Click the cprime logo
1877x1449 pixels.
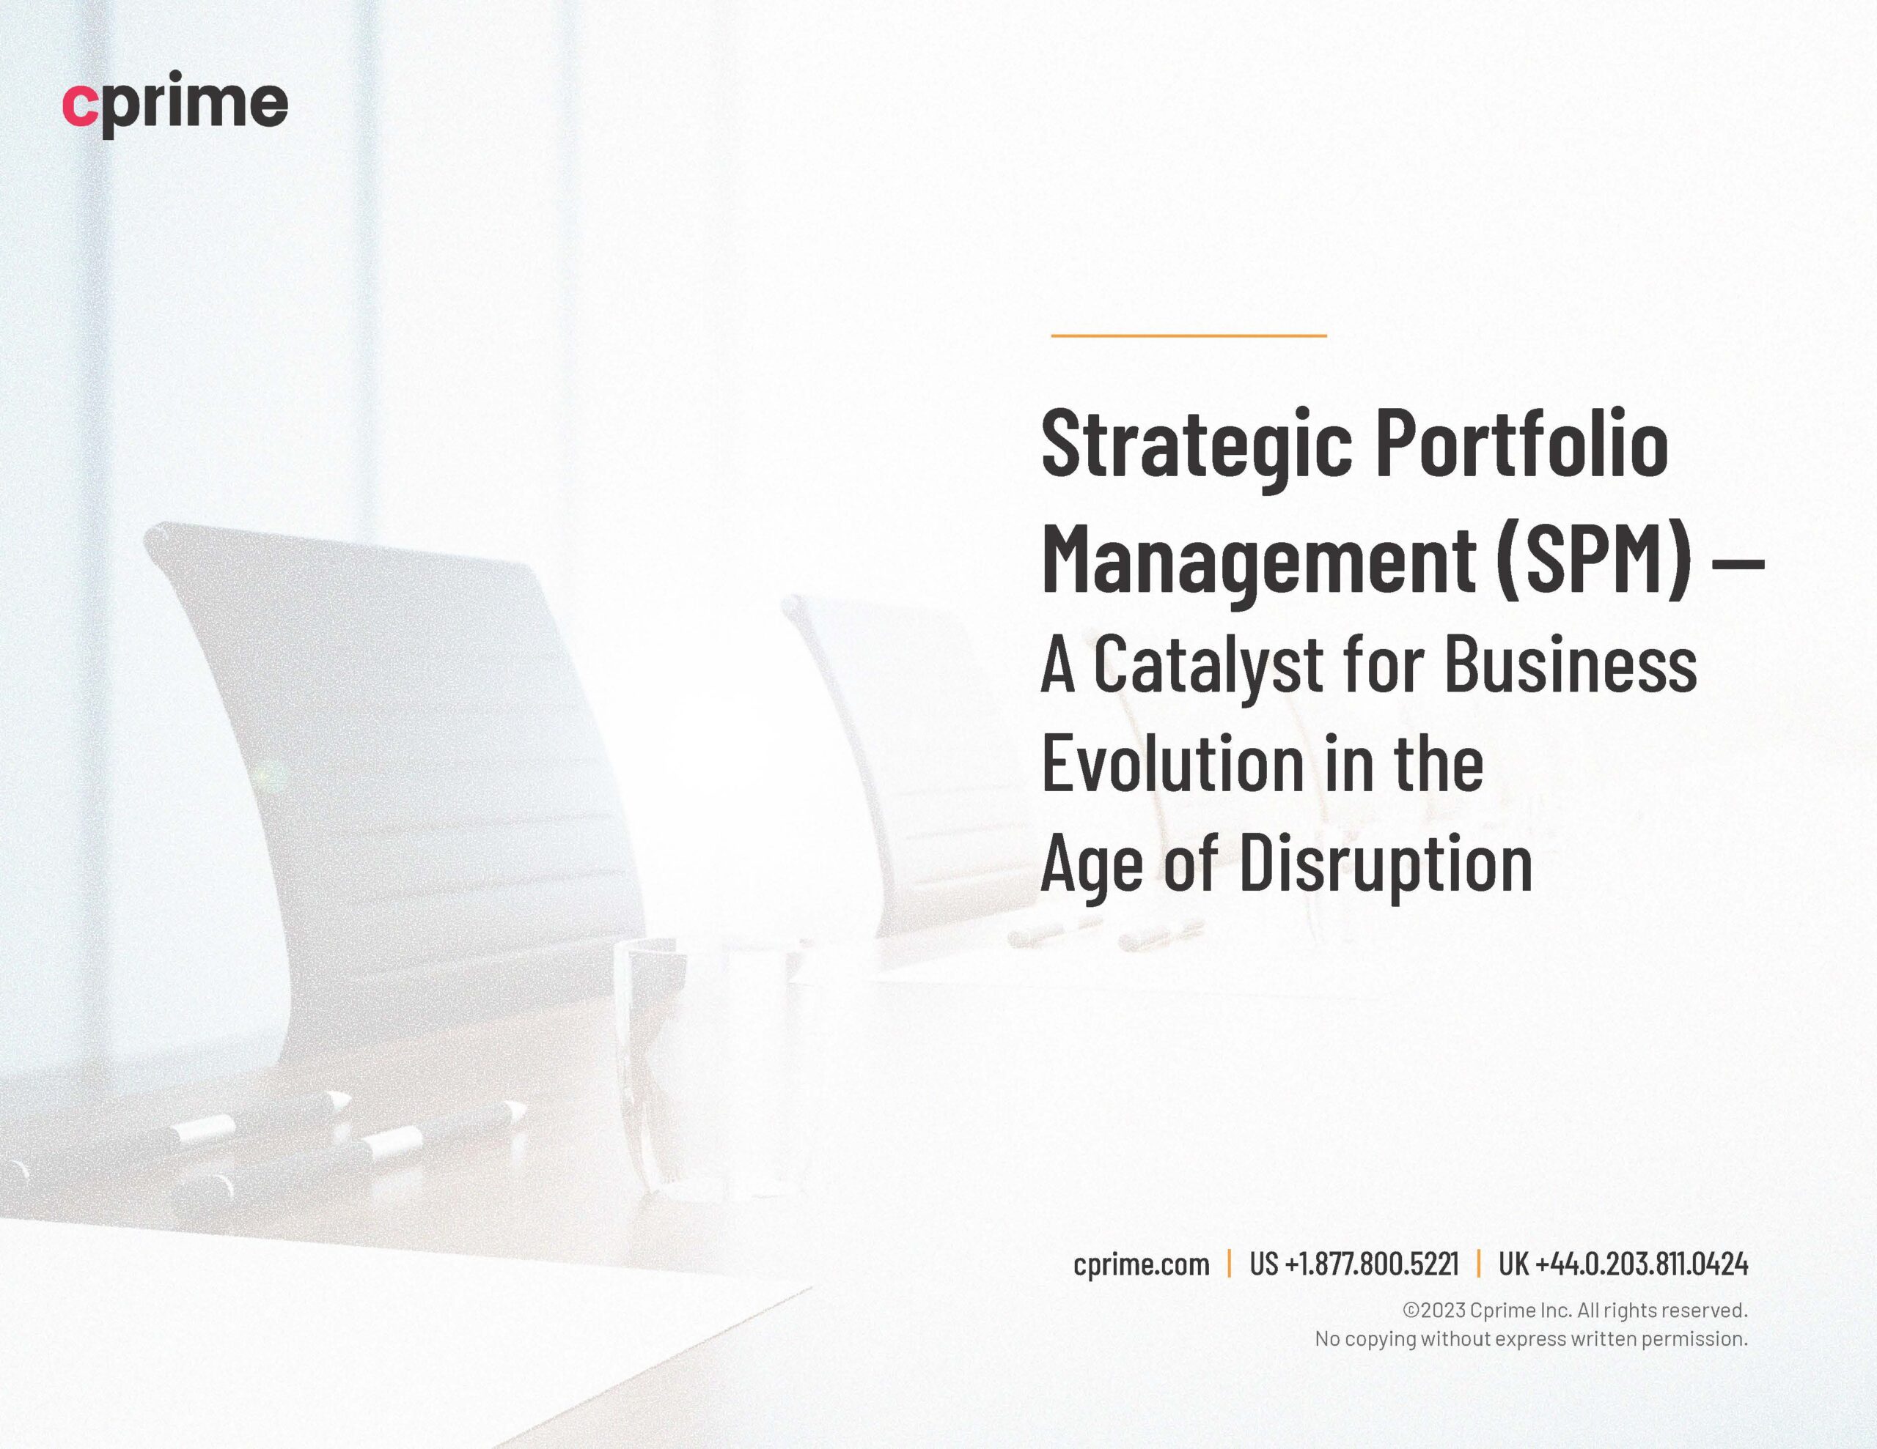click(175, 105)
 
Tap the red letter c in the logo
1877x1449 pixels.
click(79, 105)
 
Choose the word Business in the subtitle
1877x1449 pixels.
click(1571, 664)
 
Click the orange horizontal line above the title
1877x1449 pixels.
click(1189, 335)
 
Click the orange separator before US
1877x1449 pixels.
click(1229, 1264)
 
